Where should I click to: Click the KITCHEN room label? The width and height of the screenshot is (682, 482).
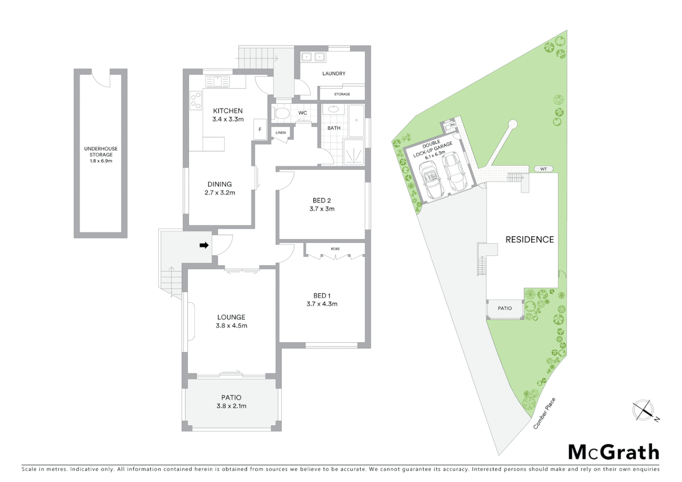click(x=228, y=111)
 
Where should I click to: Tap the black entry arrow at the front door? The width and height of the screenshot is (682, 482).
click(x=204, y=245)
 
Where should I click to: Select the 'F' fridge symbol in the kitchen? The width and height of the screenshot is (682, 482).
click(x=260, y=129)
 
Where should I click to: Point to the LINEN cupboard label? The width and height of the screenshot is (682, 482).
click(x=280, y=133)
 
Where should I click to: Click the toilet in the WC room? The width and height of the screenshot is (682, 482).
click(x=281, y=114)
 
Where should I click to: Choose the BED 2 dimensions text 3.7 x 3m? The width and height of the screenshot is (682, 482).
click(x=322, y=209)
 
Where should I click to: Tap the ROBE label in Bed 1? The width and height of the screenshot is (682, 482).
click(x=335, y=249)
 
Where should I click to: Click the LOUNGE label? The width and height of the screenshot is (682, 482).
click(x=231, y=317)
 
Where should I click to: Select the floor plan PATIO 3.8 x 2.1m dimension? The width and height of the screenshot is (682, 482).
click(x=231, y=406)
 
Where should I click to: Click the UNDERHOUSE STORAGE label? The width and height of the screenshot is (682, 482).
click(x=101, y=152)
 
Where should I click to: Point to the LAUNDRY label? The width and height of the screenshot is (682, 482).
click(x=334, y=74)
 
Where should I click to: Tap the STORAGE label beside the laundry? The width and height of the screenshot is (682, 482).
click(x=342, y=94)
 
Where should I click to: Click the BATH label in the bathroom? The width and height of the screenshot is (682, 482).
click(x=334, y=128)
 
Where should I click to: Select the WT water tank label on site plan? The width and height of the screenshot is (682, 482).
click(x=543, y=169)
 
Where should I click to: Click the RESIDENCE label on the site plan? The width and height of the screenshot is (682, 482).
click(x=529, y=240)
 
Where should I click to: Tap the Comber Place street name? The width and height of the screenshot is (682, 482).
click(x=545, y=413)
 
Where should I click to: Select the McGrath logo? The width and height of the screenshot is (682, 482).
click(x=613, y=452)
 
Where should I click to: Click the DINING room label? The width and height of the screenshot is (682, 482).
click(x=220, y=184)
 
